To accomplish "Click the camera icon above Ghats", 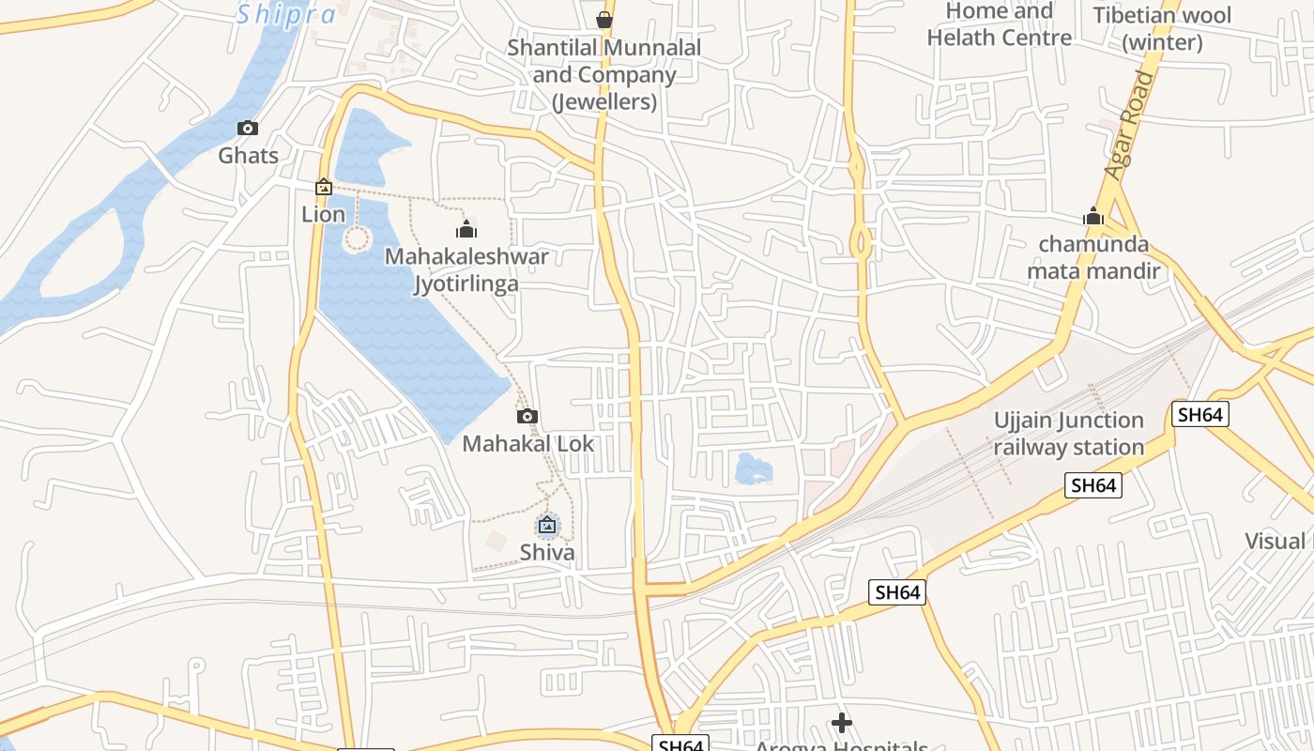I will (x=248, y=129).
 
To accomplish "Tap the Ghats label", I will (x=249, y=155).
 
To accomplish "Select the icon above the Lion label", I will (x=324, y=187).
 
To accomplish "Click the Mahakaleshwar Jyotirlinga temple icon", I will (x=466, y=228).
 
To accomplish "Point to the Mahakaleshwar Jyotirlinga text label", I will (x=466, y=269).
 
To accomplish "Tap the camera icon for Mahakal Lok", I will (x=527, y=416).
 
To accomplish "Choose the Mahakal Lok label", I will (x=528, y=443).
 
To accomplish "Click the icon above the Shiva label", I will (x=547, y=526).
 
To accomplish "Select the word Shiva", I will (x=547, y=552).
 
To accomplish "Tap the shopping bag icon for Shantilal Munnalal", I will (x=604, y=19).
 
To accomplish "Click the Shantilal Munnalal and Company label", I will (x=604, y=74).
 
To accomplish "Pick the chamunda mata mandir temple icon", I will (x=1092, y=217).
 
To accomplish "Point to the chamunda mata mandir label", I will (x=1093, y=258).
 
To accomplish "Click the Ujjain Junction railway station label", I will (x=1069, y=434).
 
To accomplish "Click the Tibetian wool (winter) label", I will (x=1162, y=28).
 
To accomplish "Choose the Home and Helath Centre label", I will (x=1000, y=24).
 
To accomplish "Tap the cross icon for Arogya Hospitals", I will (x=842, y=723).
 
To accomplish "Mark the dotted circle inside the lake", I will (x=357, y=238).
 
